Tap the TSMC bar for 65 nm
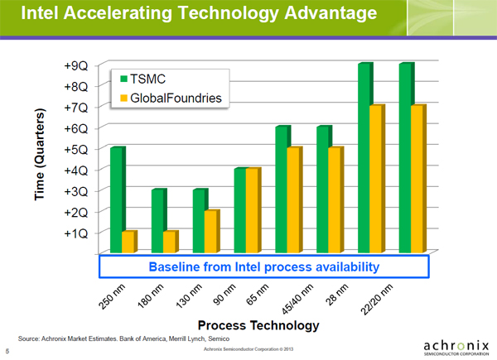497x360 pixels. (282, 190)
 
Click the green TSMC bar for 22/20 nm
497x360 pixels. (406, 157)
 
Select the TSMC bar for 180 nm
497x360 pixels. (157, 220)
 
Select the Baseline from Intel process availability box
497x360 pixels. (263, 266)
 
